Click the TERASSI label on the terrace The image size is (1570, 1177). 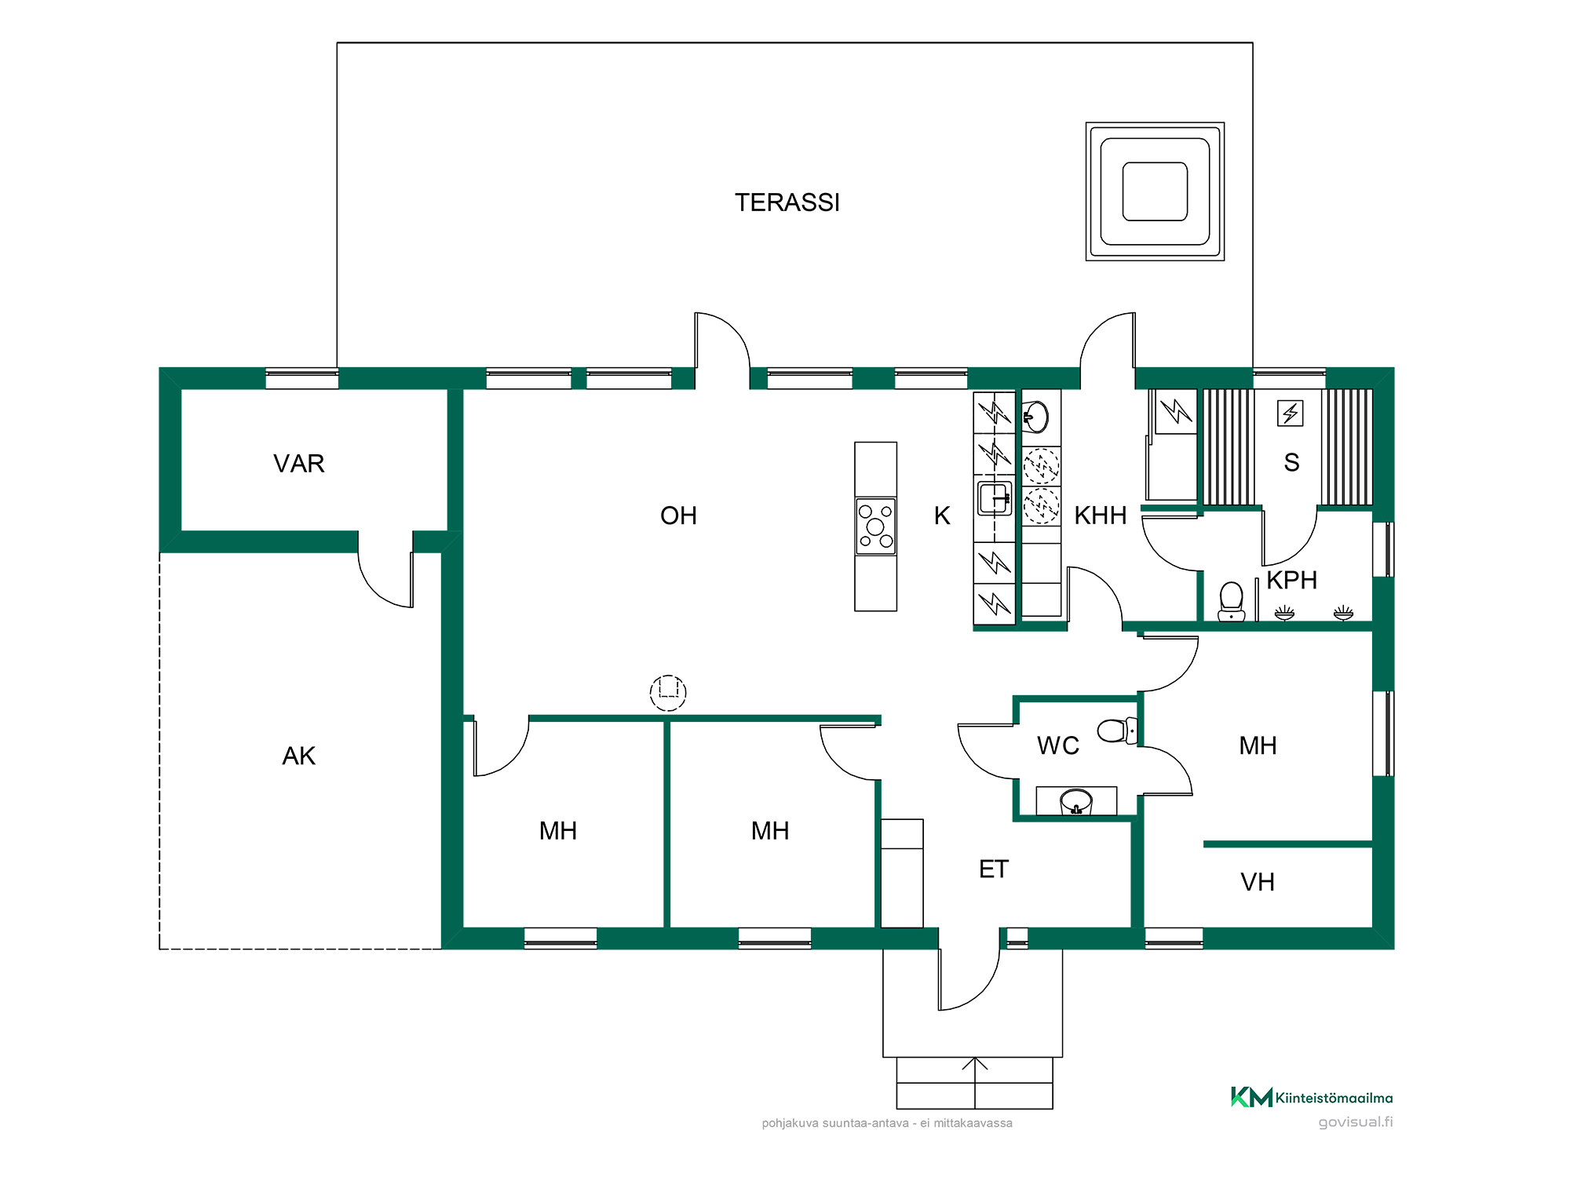point(787,202)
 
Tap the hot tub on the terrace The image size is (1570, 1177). point(1155,191)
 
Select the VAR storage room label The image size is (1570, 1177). point(298,464)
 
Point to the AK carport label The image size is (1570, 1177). point(298,756)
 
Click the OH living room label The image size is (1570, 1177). point(678,516)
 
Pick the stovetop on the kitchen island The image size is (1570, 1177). point(875,527)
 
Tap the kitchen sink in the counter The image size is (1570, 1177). point(994,498)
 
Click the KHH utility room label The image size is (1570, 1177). point(1101,516)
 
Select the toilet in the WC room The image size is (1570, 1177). point(1117,731)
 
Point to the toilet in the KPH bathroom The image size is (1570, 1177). point(1231,601)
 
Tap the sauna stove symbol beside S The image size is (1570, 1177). point(1290,413)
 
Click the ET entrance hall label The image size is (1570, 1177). point(993,869)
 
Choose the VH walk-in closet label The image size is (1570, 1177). point(1257,882)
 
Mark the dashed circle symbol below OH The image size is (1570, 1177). point(668,693)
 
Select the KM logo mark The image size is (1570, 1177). point(1251,1097)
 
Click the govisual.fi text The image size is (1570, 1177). point(1356,1122)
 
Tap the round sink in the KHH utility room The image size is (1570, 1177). point(1036,417)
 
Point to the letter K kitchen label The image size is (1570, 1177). point(942,516)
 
